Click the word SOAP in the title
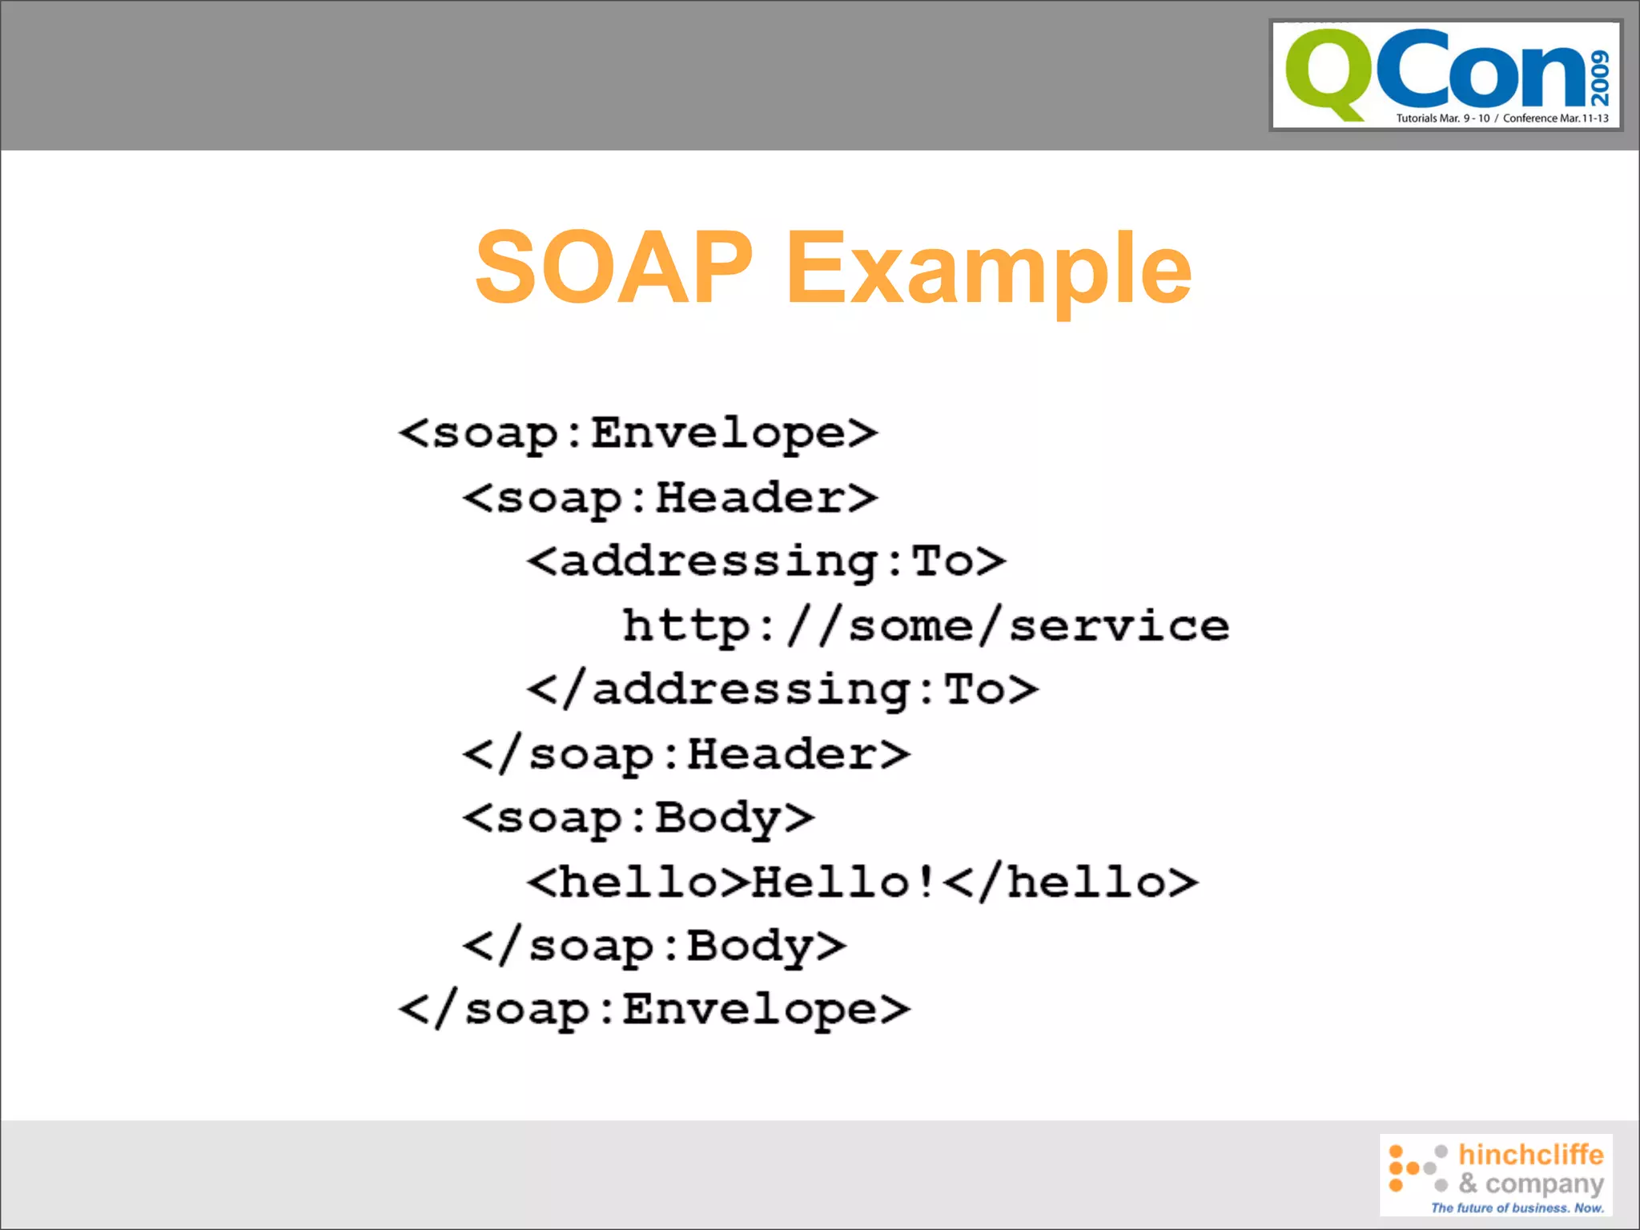pos(613,268)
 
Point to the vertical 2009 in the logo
pos(1600,78)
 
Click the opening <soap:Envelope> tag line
pos(638,433)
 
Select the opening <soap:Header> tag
pos(670,497)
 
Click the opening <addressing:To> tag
pos(766,561)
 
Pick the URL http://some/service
pos(926,626)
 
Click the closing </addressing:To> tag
pos(782,690)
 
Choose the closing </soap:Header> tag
pos(686,754)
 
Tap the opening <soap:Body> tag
pos(638,818)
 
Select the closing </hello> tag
pos(1071,882)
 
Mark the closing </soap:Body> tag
pos(654,947)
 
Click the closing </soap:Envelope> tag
pos(654,1010)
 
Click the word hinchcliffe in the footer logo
pos(1530,1154)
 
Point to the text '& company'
pos(1530,1183)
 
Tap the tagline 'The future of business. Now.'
pos(1517,1208)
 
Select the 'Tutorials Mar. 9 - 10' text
pos(1442,119)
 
